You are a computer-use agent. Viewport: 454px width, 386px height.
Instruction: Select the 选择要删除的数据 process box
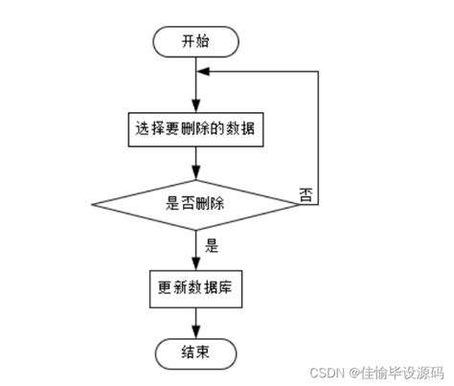pyautogui.click(x=195, y=127)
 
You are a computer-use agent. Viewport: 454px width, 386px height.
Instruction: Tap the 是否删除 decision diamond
pyautogui.click(x=195, y=203)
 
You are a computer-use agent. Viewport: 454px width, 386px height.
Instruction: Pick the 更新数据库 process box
pyautogui.click(x=195, y=286)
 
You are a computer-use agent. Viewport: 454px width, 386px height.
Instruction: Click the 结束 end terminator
pyautogui.click(x=195, y=352)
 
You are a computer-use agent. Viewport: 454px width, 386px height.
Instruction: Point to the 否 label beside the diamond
pyautogui.click(x=306, y=194)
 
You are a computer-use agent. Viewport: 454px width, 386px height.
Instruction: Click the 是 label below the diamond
pyautogui.click(x=213, y=244)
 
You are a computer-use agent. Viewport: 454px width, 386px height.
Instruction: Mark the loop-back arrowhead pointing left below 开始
pyautogui.click(x=204, y=70)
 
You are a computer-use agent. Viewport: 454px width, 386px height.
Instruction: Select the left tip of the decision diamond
pyautogui.click(x=91, y=203)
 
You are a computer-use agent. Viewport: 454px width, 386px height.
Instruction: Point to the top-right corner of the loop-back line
pyautogui.click(x=318, y=70)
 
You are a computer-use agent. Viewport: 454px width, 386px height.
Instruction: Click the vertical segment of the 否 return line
pyautogui.click(x=318, y=134)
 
